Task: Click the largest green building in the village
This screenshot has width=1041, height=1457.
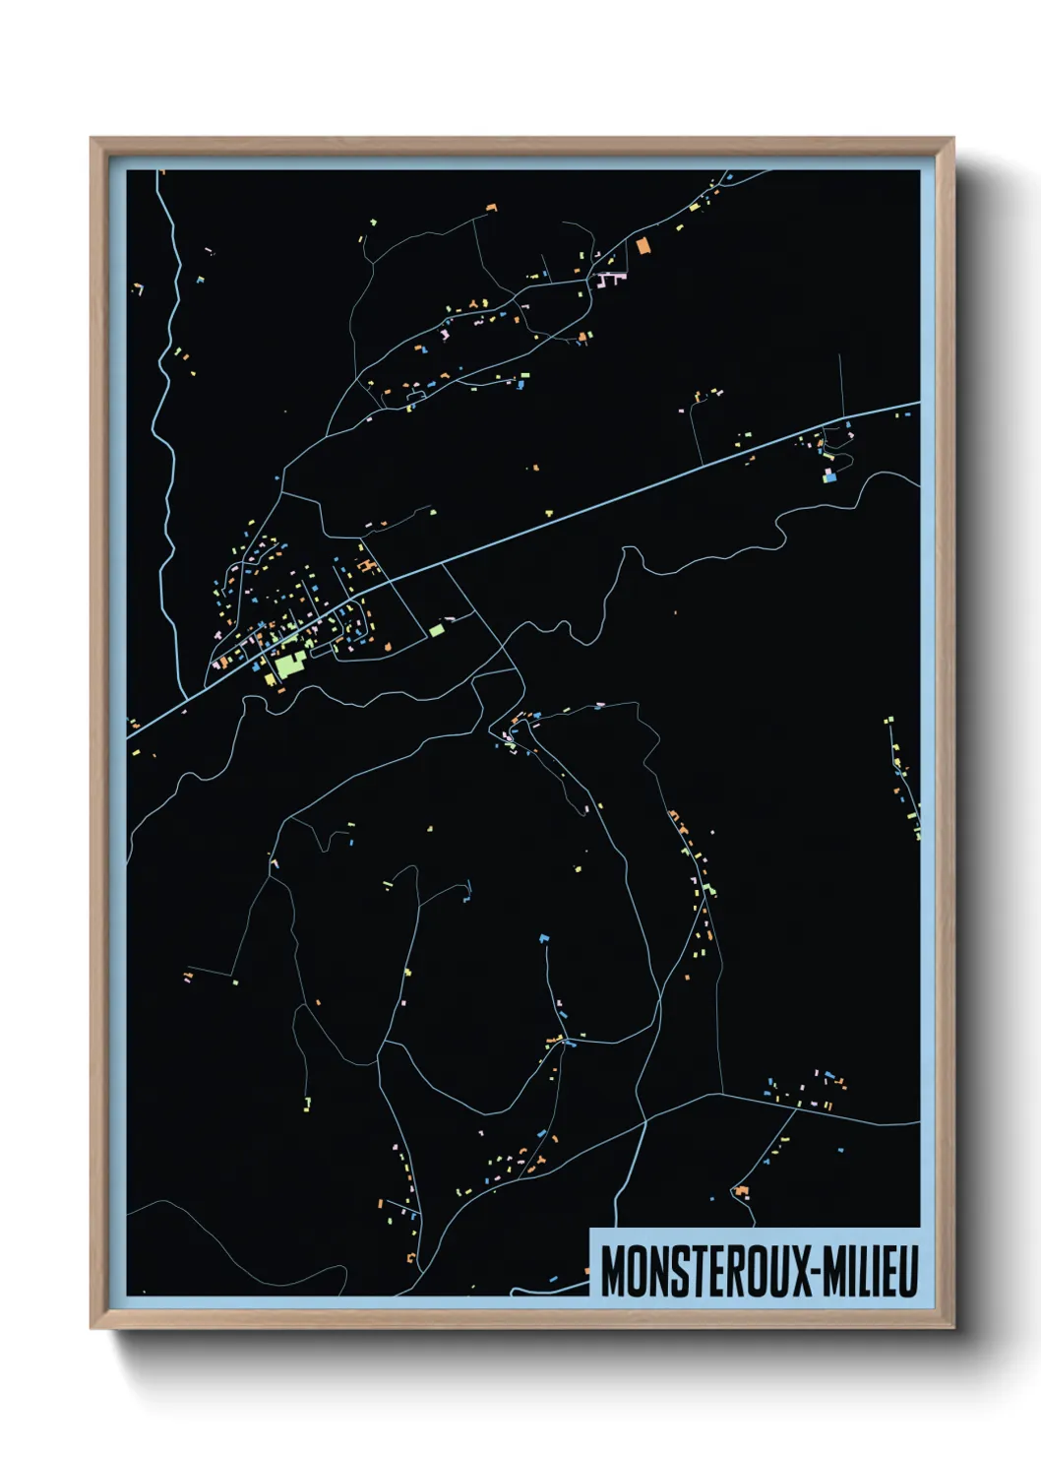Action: (x=287, y=665)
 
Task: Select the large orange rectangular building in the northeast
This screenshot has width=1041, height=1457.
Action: (x=643, y=246)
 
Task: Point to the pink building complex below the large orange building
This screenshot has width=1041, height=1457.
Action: (x=611, y=280)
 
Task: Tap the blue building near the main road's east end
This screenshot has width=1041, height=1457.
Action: (x=828, y=477)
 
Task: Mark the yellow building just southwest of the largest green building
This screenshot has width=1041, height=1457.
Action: (x=269, y=678)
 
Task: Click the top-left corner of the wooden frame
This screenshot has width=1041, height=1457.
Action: (x=92, y=140)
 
